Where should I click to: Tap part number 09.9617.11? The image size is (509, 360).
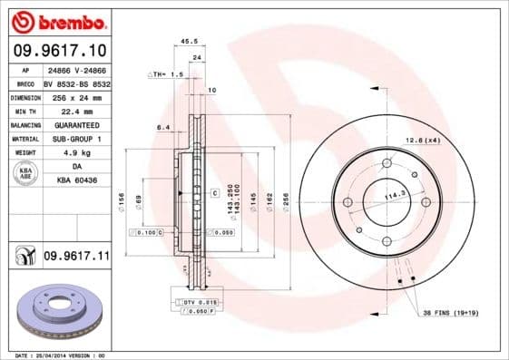click(x=76, y=257)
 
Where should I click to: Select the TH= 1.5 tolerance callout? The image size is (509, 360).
click(x=166, y=74)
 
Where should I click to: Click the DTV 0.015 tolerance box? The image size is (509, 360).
click(x=193, y=301)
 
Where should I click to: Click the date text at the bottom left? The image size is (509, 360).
click(x=54, y=355)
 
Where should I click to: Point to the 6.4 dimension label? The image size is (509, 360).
click(x=164, y=128)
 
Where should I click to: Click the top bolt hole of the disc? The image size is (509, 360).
click(x=387, y=163)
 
